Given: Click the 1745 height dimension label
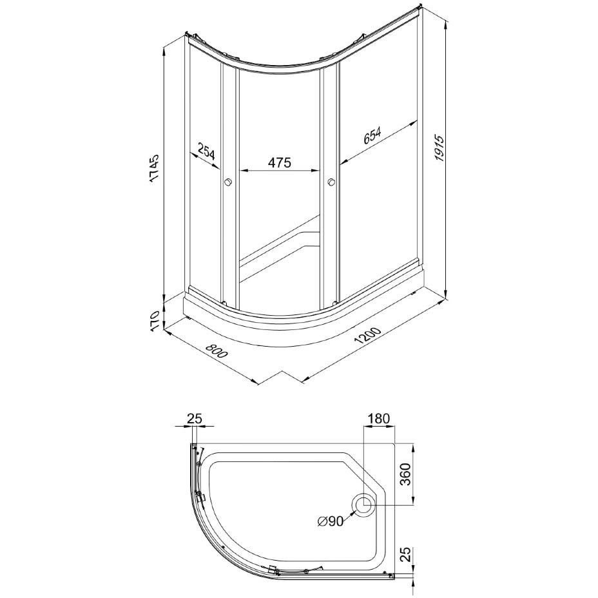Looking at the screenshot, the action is point(154,169).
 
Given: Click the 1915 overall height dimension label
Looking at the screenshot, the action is point(440,148).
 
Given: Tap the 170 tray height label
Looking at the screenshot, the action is point(154,321).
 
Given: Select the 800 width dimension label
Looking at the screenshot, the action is point(217,351).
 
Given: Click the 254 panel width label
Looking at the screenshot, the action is point(206,151).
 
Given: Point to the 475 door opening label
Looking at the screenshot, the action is point(279,162).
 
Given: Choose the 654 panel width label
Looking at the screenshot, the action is point(372,136).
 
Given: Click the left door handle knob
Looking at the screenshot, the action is point(229,182).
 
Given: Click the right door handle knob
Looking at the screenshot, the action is point(331,182).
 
